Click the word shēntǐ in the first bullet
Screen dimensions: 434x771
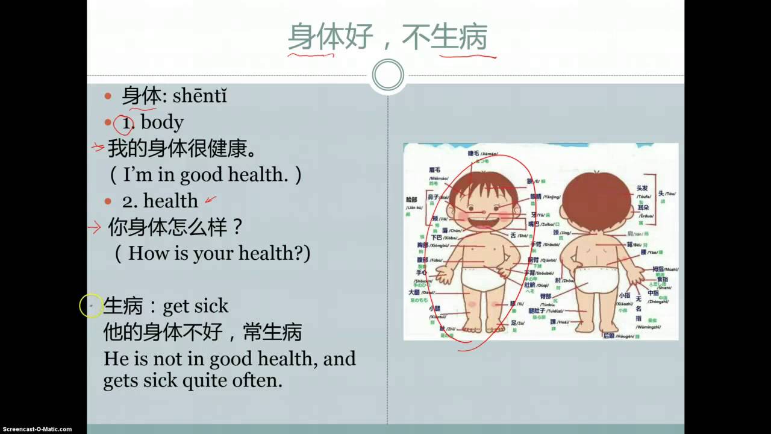pyautogui.click(x=199, y=96)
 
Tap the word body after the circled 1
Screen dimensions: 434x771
pyautogui.click(x=162, y=122)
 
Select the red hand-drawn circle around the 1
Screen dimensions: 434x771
pyautogui.click(x=123, y=125)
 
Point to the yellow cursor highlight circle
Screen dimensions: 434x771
pyautogui.click(x=91, y=306)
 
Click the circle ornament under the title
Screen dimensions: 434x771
pyautogui.click(x=388, y=75)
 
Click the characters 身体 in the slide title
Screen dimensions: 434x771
pyautogui.click(x=311, y=37)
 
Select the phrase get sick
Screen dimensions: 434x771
pyautogui.click(x=196, y=306)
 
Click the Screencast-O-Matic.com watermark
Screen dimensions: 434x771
pyautogui.click(x=36, y=429)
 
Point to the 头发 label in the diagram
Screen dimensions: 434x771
pyautogui.click(x=643, y=189)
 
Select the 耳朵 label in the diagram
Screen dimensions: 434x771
pyautogui.click(x=643, y=208)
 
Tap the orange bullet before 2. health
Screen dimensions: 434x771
pyautogui.click(x=108, y=201)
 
